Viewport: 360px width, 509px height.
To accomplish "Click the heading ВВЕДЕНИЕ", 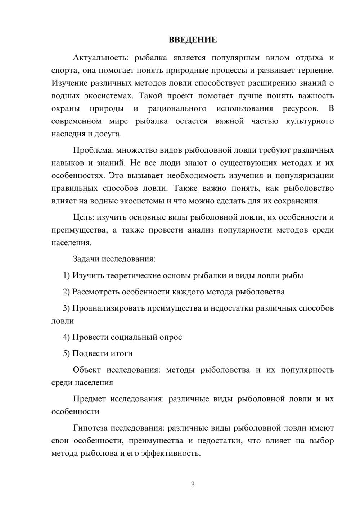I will point(193,40).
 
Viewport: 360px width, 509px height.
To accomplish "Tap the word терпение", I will point(315,70).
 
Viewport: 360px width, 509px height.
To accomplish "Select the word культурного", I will point(310,121).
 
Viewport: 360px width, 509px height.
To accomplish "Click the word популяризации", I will point(304,176).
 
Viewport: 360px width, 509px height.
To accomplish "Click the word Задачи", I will point(86,259).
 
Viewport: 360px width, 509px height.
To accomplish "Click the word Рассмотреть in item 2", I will point(96,292).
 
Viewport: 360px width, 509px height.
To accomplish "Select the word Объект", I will point(86,370).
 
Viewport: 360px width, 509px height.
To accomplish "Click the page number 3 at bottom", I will point(193,485).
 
